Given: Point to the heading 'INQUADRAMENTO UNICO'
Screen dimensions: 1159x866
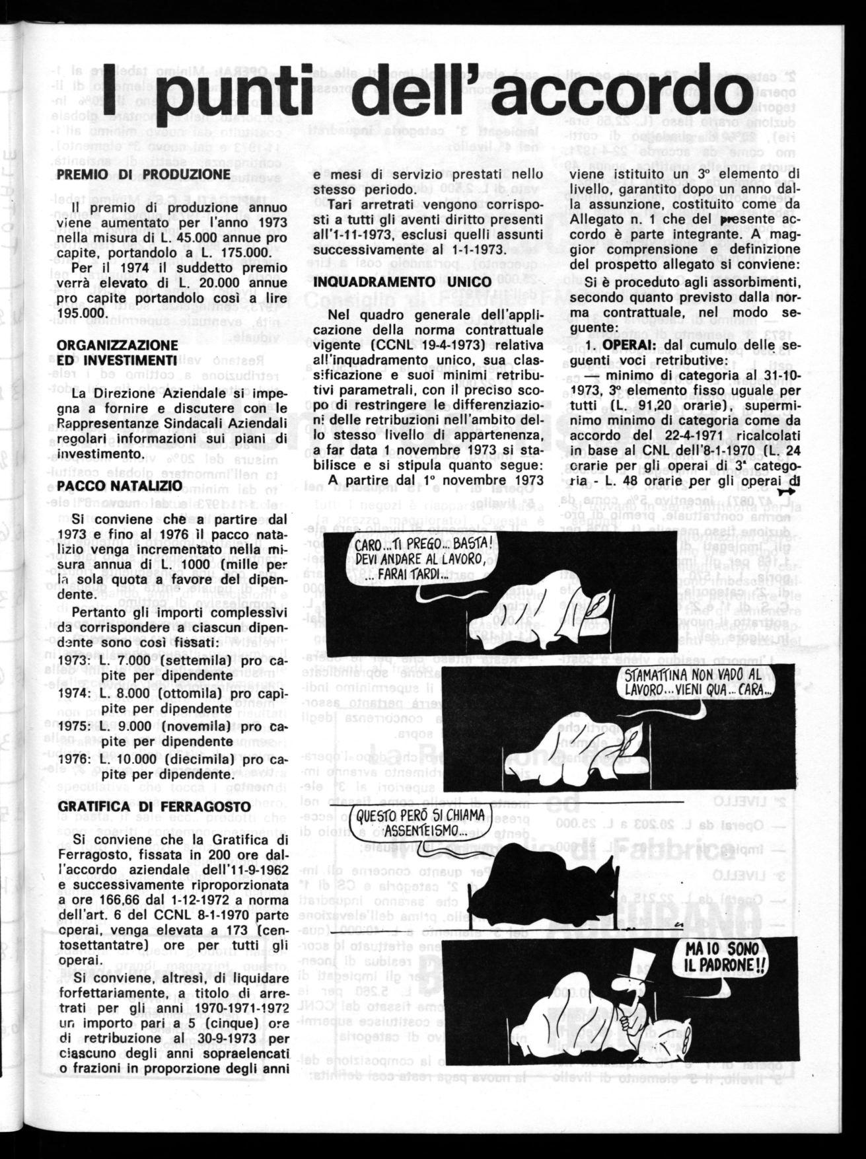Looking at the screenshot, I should (402, 282).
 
